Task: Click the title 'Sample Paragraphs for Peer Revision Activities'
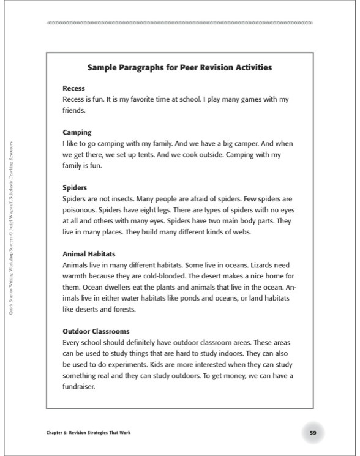pyautogui.click(x=179, y=67)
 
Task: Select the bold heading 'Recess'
pyautogui.click(x=73, y=89)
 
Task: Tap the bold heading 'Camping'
pyautogui.click(x=77, y=132)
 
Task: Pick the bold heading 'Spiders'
pyautogui.click(x=75, y=187)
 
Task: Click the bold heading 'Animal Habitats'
pyautogui.click(x=89, y=253)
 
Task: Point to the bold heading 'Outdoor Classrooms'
pyautogui.click(x=96, y=331)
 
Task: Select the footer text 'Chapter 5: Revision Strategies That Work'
pyautogui.click(x=88, y=433)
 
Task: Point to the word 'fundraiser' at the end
pyautogui.click(x=80, y=386)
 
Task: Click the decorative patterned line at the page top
pyautogui.click(x=179, y=23)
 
